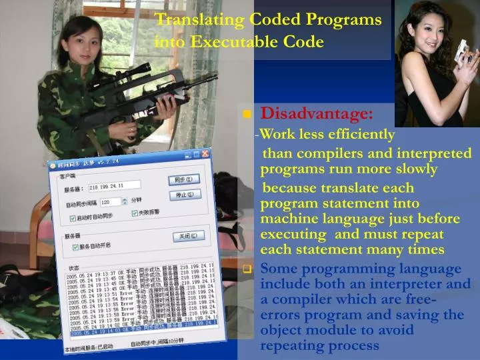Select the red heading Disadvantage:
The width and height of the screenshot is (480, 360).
point(317,113)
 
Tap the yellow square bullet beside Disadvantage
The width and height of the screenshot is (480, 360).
point(247,115)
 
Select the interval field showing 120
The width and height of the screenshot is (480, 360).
point(111,201)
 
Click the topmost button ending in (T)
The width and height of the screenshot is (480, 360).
point(182,179)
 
